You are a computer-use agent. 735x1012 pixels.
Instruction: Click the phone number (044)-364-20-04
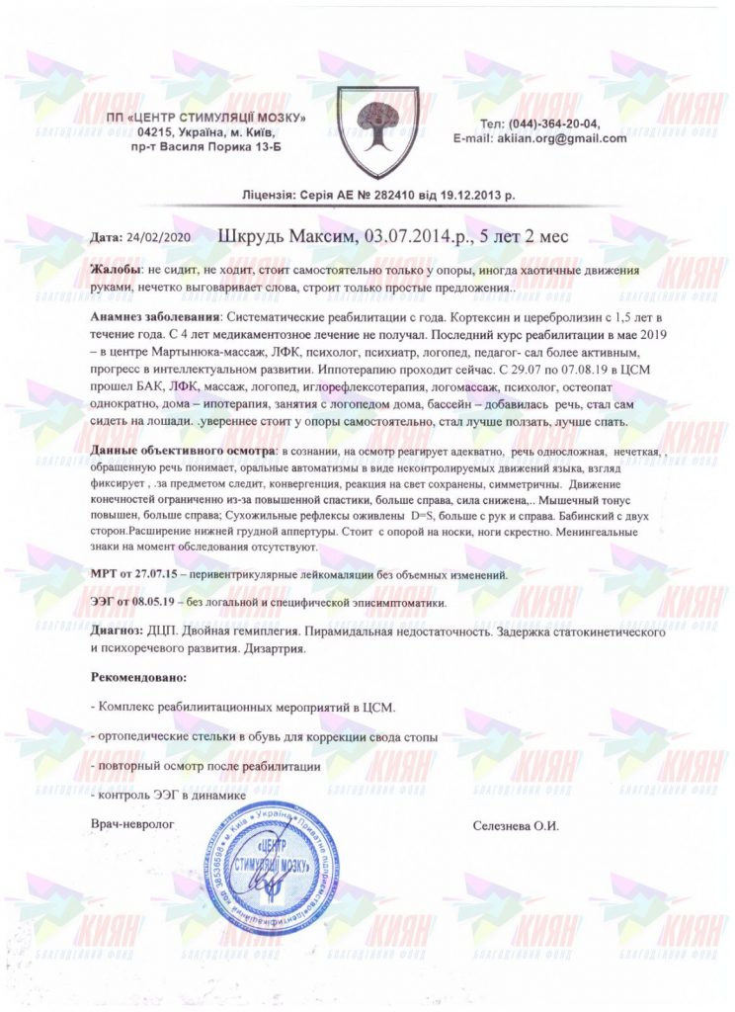(552, 123)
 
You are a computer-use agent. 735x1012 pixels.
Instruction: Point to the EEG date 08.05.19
(170, 602)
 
